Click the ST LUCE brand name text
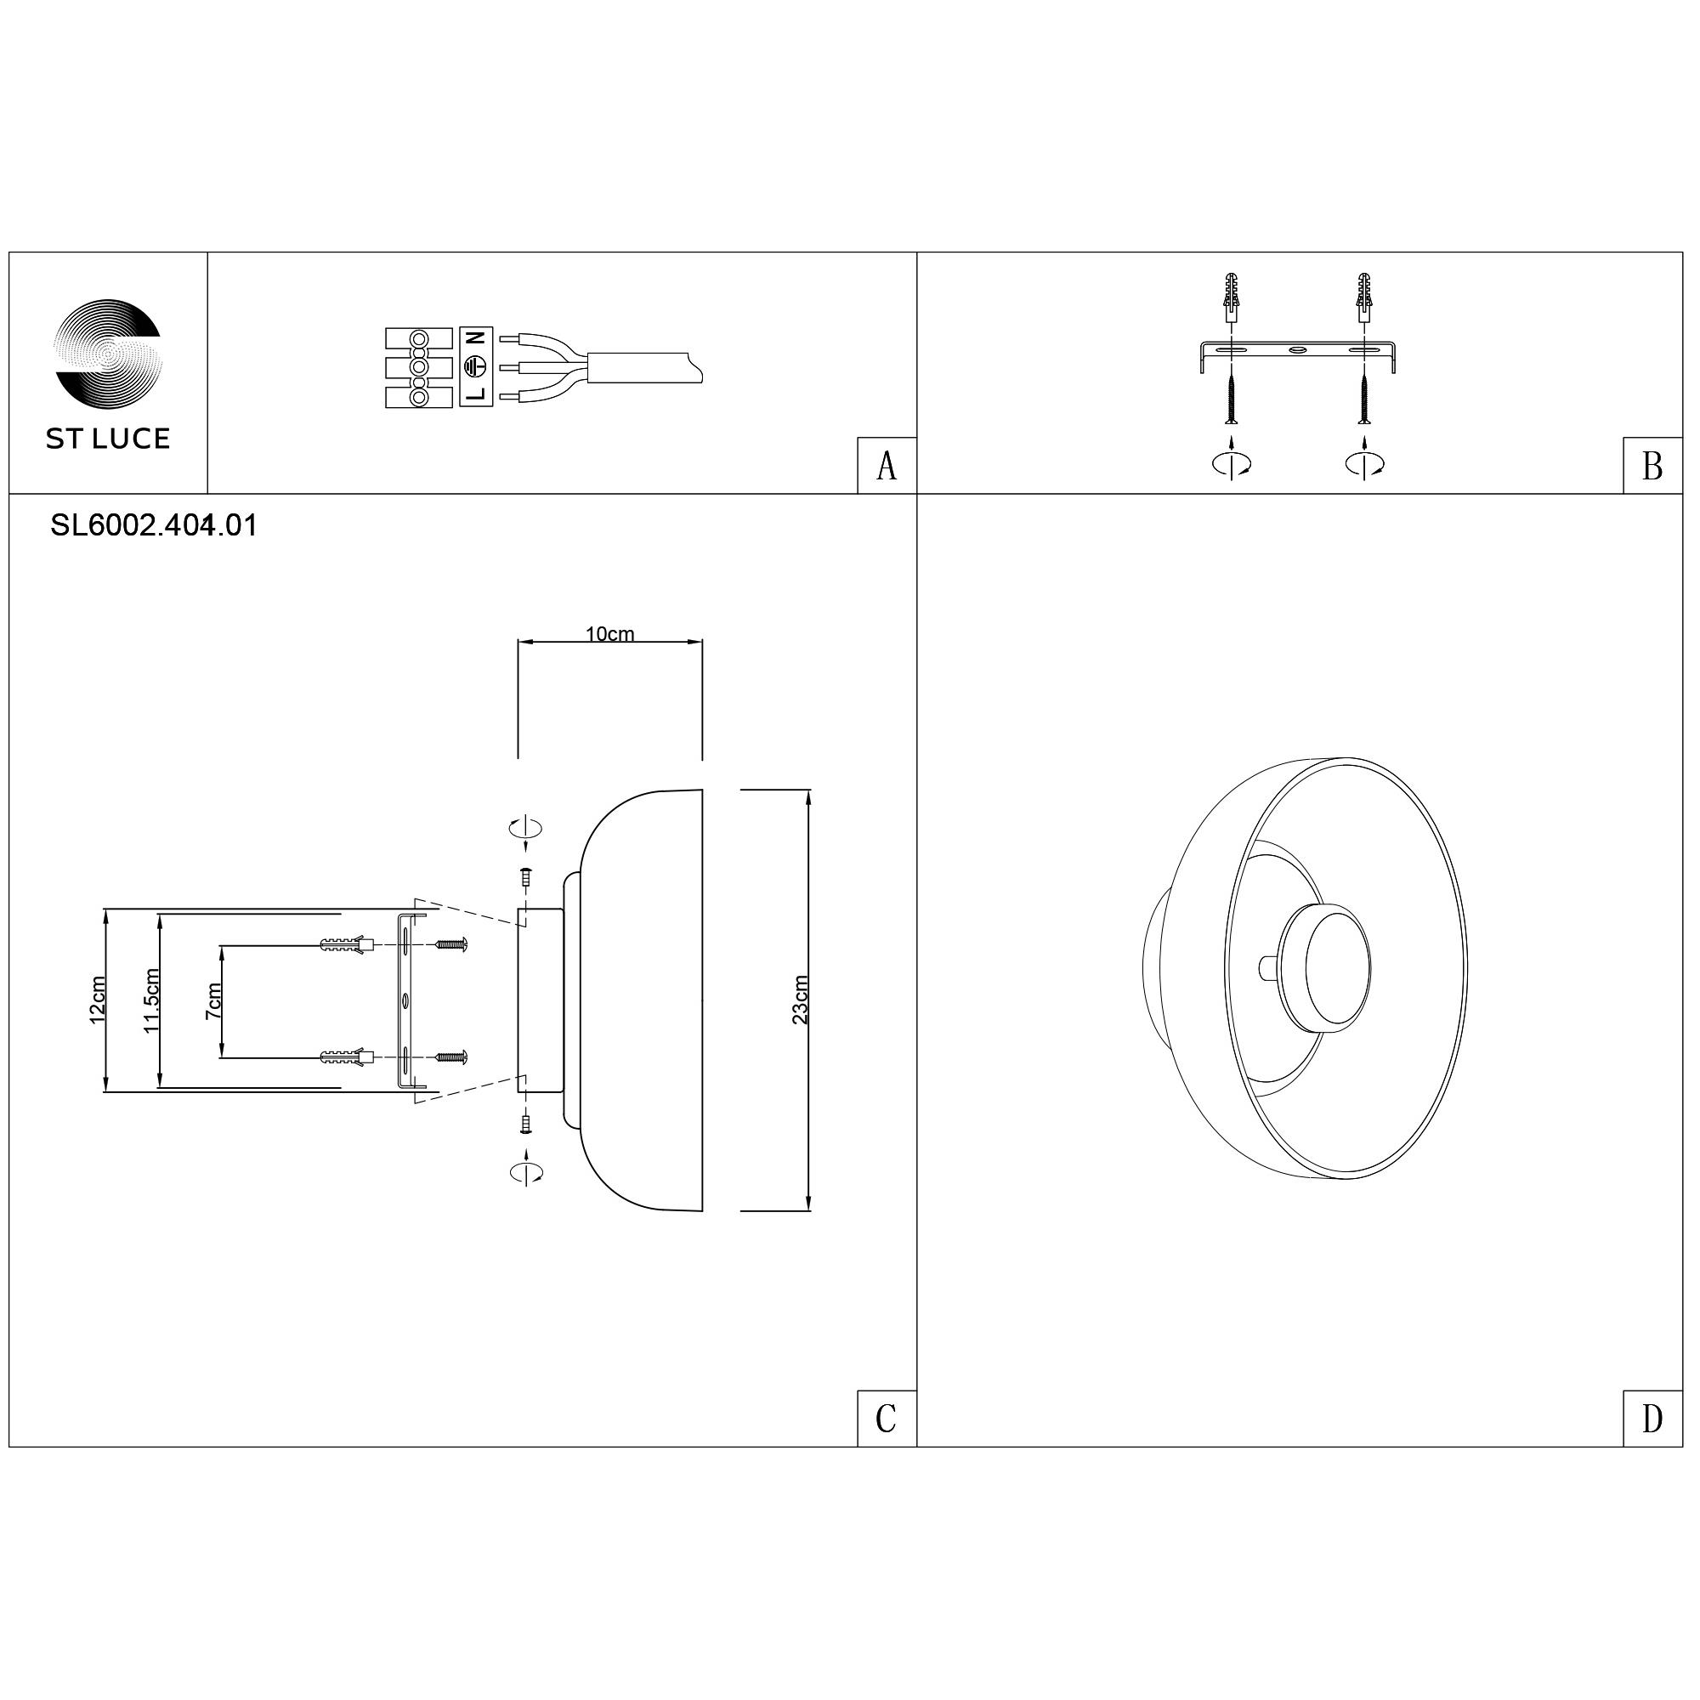click(x=108, y=440)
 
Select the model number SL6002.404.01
click(x=154, y=526)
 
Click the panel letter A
click(x=887, y=467)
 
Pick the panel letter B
click(x=1652, y=467)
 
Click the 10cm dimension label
click(x=609, y=634)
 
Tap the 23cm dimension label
click(x=800, y=1000)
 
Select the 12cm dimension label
click(x=98, y=1000)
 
